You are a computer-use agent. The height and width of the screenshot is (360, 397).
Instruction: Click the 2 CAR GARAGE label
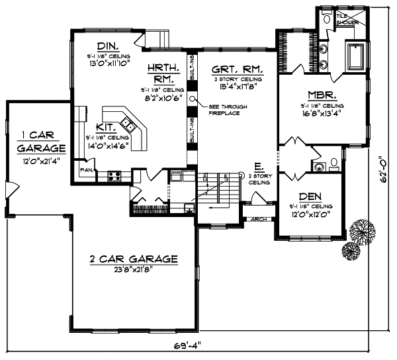134,259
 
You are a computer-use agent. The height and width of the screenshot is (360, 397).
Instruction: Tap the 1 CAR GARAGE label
42,142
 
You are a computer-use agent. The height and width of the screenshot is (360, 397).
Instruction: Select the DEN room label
310,197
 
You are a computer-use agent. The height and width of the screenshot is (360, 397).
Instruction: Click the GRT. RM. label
236,69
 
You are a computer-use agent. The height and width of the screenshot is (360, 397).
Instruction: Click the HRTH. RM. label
161,73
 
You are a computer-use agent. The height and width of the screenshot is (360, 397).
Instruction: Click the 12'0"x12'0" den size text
310,214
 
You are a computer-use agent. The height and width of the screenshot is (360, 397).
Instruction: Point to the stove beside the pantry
114,175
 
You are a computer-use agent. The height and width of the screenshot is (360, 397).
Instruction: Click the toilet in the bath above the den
333,163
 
